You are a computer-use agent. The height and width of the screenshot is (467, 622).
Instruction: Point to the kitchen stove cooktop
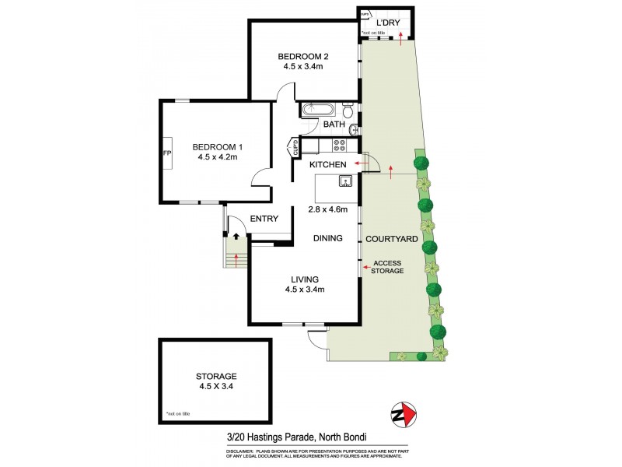[340, 144]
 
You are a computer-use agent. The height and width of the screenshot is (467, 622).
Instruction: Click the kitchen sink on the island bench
[344, 182]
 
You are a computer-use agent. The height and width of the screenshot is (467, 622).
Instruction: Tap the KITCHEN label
[327, 165]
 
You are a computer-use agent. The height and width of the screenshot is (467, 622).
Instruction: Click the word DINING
[329, 238]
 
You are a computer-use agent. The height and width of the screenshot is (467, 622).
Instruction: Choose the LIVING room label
[303, 279]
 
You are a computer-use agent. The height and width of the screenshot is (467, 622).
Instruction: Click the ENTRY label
[264, 219]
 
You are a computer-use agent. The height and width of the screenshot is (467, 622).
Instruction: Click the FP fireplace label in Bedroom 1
[166, 153]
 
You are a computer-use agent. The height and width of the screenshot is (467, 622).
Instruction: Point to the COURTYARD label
[393, 239]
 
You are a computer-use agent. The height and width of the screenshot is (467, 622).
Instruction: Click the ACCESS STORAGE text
[388, 267]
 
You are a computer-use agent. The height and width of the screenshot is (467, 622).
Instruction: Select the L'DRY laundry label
[387, 23]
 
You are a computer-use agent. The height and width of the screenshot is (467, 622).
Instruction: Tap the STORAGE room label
[216, 376]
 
